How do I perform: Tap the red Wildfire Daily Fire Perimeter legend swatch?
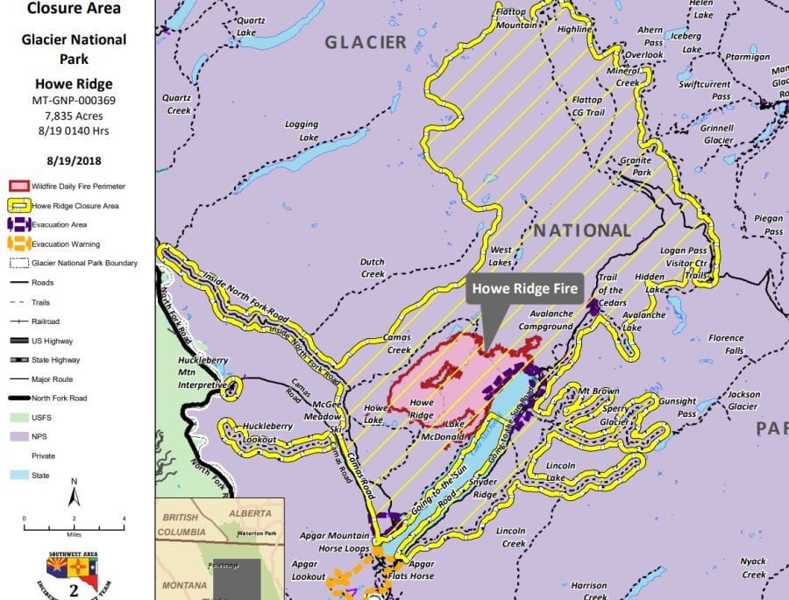(x=18, y=187)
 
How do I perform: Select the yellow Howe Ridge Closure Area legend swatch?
(x=18, y=206)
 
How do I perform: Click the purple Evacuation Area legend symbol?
(x=18, y=225)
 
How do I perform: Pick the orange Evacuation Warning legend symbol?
(x=18, y=244)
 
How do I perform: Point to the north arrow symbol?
(x=75, y=495)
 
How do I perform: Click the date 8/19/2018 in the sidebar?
(x=75, y=160)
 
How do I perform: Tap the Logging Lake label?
(x=302, y=131)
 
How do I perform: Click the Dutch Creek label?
(x=373, y=267)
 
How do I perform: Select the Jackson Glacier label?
(x=743, y=400)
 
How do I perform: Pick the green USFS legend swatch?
(x=18, y=418)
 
